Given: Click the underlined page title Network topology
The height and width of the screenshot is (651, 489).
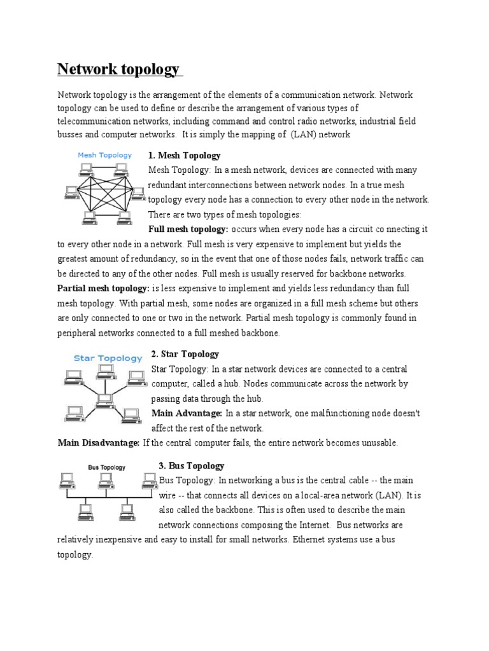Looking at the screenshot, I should [x=118, y=69].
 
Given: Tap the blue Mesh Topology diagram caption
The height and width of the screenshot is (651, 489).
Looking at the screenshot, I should [x=104, y=154].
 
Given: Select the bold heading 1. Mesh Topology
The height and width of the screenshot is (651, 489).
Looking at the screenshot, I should [x=184, y=155].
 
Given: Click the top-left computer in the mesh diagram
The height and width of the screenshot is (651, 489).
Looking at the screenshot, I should [x=85, y=168].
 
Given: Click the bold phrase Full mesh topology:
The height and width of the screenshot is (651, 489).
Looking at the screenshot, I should [x=188, y=229].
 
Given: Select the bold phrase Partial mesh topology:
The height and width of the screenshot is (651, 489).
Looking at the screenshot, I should [x=103, y=288].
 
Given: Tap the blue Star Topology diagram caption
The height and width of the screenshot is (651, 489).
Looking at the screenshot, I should [x=108, y=358].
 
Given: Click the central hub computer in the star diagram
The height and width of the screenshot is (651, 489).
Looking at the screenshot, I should [x=104, y=399].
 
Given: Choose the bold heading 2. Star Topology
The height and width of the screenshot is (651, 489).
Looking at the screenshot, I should [x=185, y=353].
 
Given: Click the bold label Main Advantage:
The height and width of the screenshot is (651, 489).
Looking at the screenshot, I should [x=187, y=413].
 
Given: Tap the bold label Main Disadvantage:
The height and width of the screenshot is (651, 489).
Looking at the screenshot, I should [x=98, y=443].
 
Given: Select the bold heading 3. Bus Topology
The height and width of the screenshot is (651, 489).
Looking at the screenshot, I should [x=191, y=466].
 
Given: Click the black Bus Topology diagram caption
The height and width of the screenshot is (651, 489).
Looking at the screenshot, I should [x=106, y=467].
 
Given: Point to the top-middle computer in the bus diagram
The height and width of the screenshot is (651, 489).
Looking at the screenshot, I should [x=106, y=480].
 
